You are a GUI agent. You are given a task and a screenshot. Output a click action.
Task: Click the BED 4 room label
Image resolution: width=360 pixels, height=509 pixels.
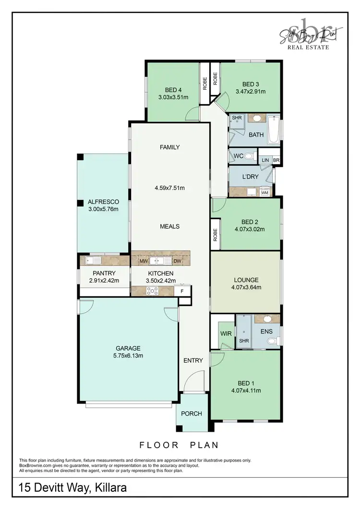(173, 90)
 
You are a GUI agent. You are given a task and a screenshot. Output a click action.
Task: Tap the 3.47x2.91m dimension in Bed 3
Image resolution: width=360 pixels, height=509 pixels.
(250, 91)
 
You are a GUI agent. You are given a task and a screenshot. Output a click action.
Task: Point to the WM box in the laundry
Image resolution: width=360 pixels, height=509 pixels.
(264, 192)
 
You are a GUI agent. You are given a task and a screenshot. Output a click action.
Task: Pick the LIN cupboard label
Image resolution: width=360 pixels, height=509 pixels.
(265, 160)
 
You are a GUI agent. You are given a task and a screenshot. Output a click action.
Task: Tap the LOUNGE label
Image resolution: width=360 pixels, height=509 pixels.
(246, 280)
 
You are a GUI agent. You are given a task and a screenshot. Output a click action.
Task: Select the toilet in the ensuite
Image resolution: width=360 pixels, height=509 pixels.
(272, 341)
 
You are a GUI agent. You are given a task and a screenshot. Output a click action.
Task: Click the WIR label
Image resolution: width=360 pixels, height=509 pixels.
(225, 332)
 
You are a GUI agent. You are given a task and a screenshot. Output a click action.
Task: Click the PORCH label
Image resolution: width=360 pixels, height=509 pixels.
(192, 414)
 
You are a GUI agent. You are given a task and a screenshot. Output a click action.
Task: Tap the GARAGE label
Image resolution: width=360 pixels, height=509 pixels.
(128, 348)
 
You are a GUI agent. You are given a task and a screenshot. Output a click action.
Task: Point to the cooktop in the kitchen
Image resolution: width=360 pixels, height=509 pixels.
(153, 290)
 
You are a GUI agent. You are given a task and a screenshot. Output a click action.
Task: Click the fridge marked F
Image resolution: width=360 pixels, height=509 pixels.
(182, 291)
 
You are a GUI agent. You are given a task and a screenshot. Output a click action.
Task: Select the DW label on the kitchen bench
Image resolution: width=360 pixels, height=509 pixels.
(177, 261)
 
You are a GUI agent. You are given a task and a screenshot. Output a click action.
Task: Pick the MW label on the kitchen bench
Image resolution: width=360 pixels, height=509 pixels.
(143, 261)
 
